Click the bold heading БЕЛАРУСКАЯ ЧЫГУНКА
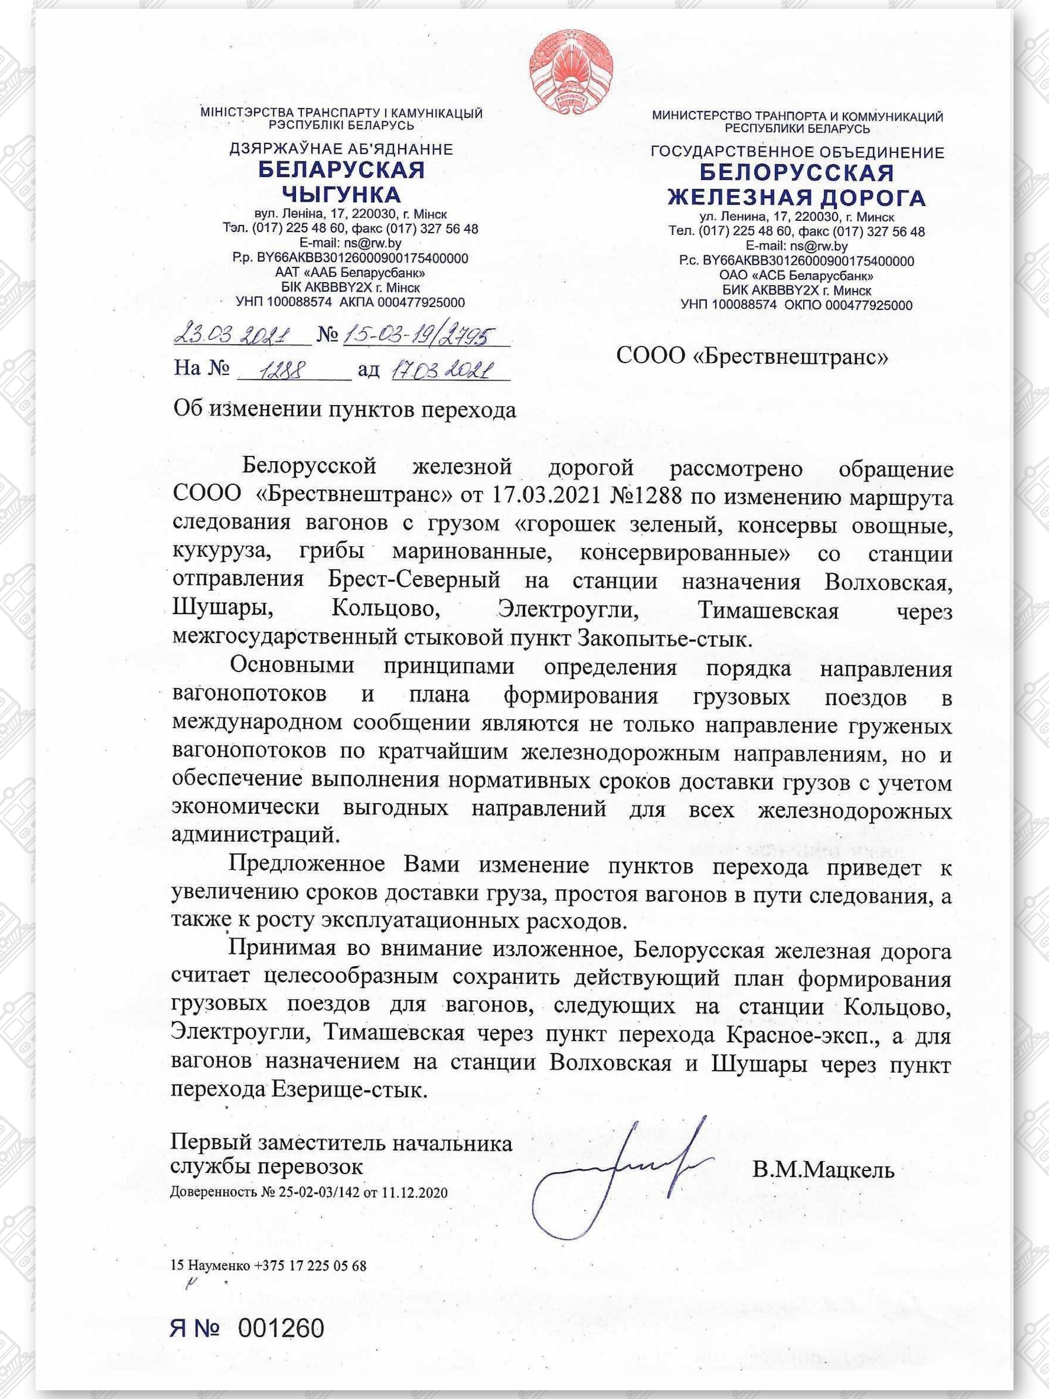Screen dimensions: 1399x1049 341,181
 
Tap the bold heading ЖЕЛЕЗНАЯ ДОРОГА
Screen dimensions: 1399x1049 797,198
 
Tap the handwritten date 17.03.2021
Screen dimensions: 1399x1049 442,370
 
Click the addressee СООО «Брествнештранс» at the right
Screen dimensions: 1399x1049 752,357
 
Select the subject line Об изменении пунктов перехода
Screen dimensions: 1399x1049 344,410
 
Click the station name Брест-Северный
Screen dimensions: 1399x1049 414,580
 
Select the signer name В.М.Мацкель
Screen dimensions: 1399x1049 823,1170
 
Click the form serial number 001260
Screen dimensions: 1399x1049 281,1324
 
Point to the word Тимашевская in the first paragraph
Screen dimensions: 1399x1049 768,611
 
